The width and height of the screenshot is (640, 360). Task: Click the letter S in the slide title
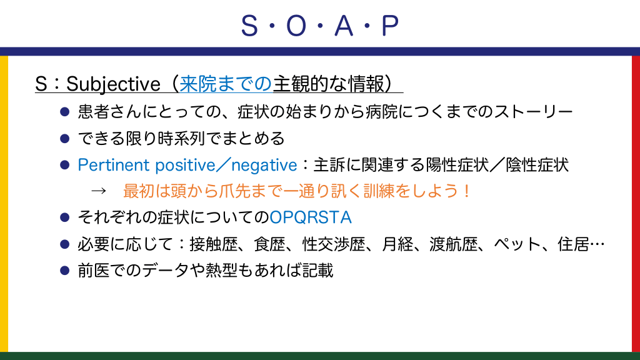point(249,26)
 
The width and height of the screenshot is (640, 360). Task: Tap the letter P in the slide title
point(390,26)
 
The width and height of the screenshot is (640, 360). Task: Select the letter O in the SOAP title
point(296,26)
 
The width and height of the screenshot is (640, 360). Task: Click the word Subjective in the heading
point(114,84)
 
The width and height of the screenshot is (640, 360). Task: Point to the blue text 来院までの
point(226,84)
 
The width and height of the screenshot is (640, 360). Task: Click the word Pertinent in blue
point(114,165)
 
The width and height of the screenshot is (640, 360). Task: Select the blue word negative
point(264,165)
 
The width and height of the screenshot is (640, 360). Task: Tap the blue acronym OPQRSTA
point(311,217)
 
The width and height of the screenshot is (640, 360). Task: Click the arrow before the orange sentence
point(98,191)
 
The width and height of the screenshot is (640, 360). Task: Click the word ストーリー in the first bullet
point(533,112)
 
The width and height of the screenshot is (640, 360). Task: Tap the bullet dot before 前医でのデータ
point(64,271)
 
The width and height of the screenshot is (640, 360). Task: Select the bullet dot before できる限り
point(64,139)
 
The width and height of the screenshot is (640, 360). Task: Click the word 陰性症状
point(537,165)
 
